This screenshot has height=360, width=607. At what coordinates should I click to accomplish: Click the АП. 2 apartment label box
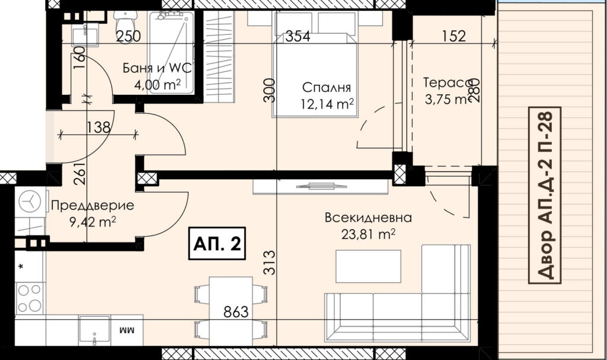[x=217, y=243]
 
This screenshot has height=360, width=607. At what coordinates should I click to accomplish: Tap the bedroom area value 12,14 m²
[x=327, y=103]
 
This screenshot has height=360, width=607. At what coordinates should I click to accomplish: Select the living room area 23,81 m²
[x=368, y=234]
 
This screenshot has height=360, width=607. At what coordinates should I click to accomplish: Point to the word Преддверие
[x=92, y=205]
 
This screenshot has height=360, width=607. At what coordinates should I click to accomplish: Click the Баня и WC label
[x=157, y=68]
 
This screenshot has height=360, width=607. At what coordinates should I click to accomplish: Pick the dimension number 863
[x=236, y=311]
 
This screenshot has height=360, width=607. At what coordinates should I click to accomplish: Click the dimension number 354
[x=298, y=36]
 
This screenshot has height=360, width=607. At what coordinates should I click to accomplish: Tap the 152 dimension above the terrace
[x=453, y=36]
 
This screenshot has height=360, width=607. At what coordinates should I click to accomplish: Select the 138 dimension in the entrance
[x=98, y=127]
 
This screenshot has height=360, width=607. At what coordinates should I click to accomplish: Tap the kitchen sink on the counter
[x=94, y=330]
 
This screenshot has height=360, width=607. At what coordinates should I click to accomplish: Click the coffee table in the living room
[x=368, y=266]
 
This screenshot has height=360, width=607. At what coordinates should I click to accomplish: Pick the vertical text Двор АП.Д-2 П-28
[x=545, y=195]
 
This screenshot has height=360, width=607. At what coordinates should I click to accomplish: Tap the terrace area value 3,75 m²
[x=447, y=100]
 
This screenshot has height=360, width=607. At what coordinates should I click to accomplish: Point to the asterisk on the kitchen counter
[x=21, y=267]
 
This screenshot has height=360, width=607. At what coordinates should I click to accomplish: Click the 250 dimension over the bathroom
[x=129, y=36]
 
